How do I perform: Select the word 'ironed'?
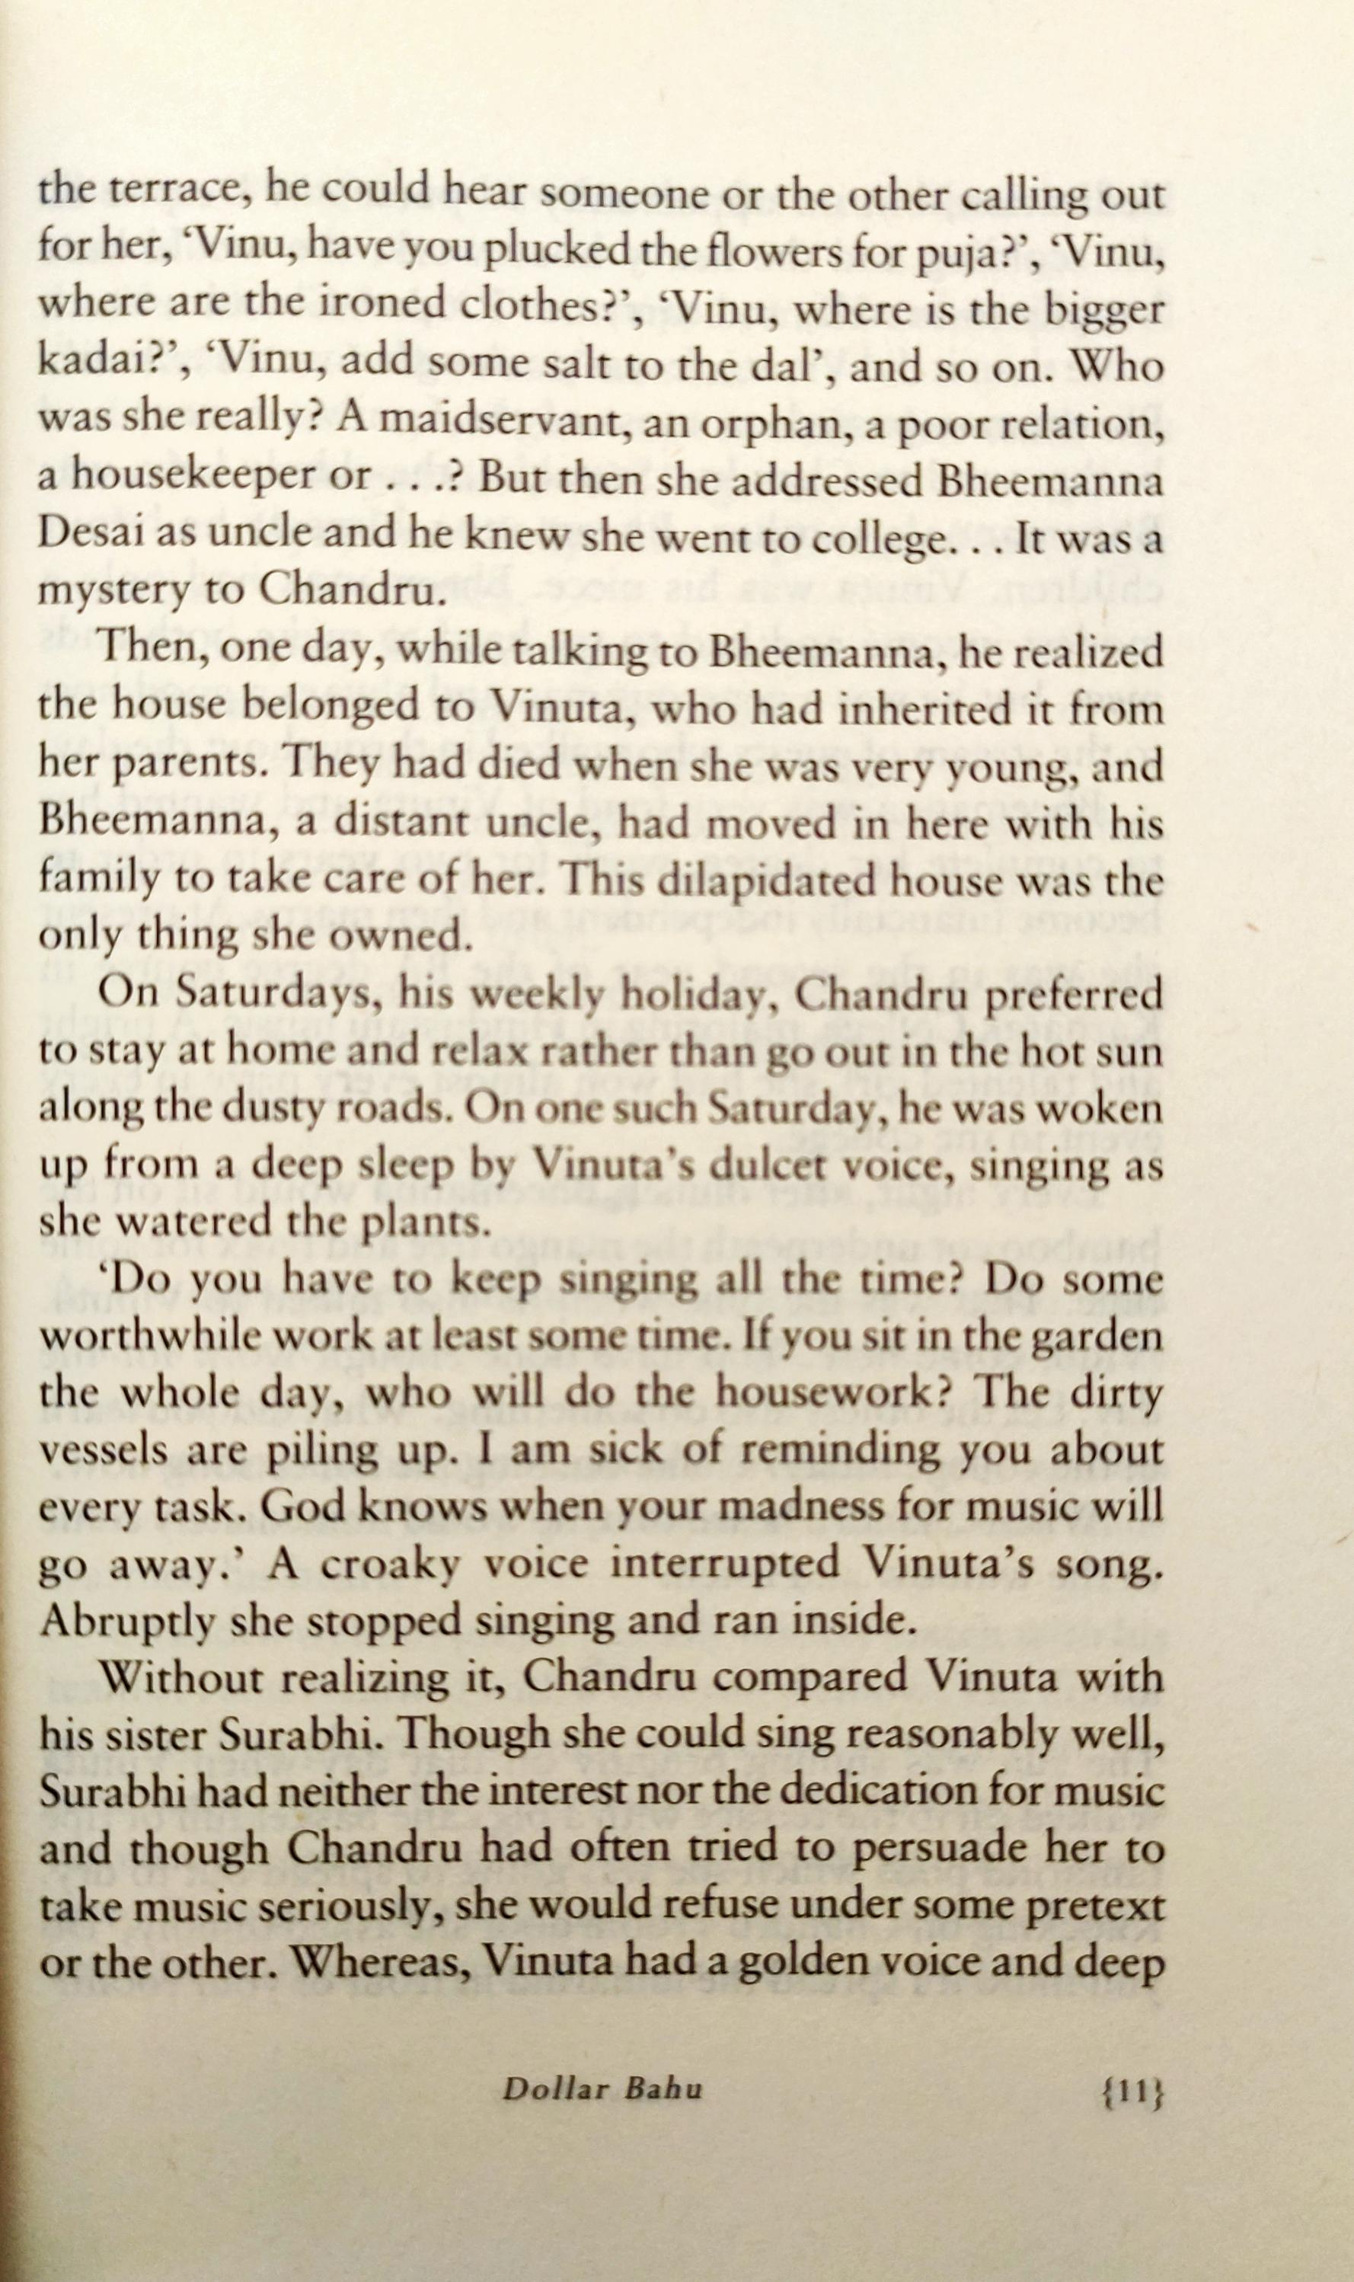tap(359, 305)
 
